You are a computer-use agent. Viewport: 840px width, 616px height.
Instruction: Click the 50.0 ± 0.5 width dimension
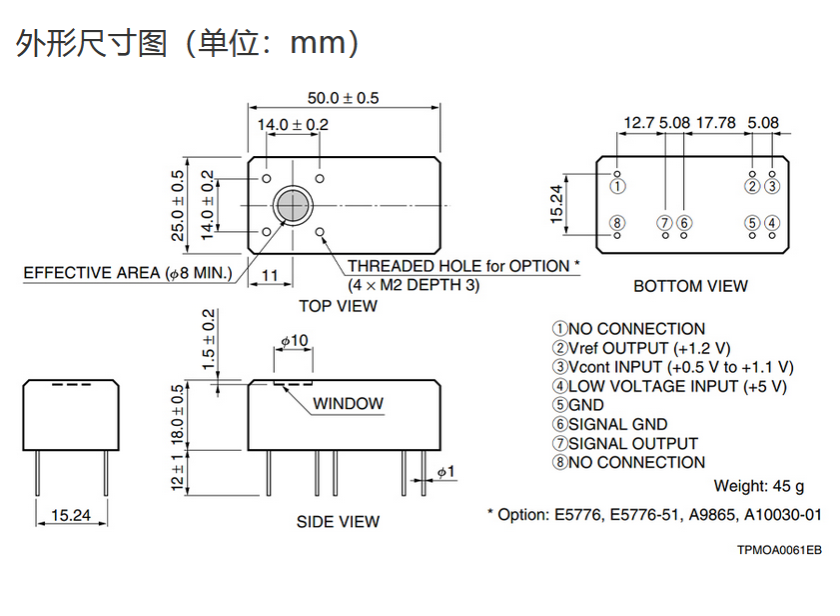click(343, 98)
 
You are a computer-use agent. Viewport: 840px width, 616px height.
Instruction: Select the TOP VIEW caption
click(338, 306)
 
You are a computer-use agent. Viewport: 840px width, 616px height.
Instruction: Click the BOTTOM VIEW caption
click(690, 286)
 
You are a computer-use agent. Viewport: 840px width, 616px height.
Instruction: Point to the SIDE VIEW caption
click(338, 521)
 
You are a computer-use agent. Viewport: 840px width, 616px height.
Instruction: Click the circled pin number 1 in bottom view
click(618, 186)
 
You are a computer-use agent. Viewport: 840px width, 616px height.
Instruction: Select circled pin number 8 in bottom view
click(617, 223)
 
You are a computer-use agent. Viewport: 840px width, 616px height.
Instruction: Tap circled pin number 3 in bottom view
click(771, 186)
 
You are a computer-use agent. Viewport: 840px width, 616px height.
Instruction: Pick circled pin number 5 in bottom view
click(752, 223)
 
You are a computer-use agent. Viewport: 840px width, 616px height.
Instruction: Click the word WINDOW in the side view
click(348, 404)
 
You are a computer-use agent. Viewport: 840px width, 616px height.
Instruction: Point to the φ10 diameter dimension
click(294, 341)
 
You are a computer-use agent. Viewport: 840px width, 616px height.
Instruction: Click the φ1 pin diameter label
click(445, 471)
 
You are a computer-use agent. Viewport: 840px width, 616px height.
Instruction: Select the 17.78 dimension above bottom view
click(715, 123)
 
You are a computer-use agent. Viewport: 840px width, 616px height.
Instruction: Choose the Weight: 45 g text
click(758, 486)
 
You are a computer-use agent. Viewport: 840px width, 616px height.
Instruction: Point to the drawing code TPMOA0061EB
click(779, 550)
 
